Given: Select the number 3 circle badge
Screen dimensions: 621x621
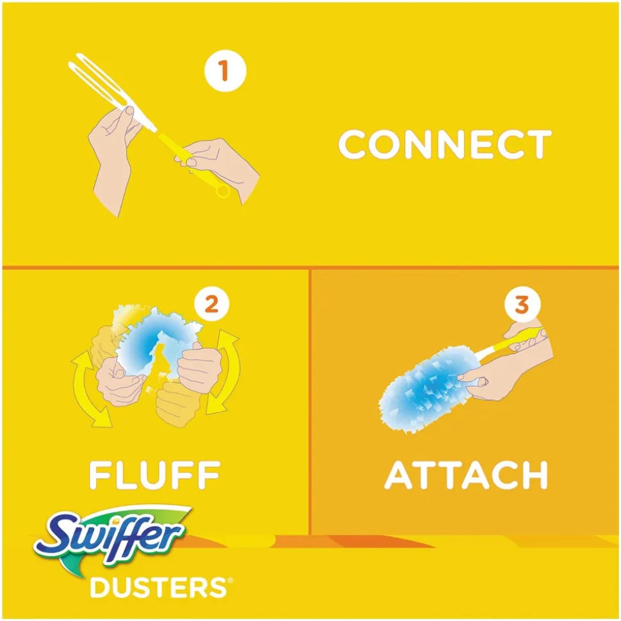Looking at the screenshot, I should pyautogui.click(x=522, y=304).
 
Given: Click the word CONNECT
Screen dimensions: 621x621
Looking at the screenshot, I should pyautogui.click(x=444, y=145).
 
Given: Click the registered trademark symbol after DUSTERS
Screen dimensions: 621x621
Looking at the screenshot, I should pyautogui.click(x=223, y=581).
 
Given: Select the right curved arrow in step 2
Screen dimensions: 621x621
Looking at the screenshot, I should pyautogui.click(x=227, y=371).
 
